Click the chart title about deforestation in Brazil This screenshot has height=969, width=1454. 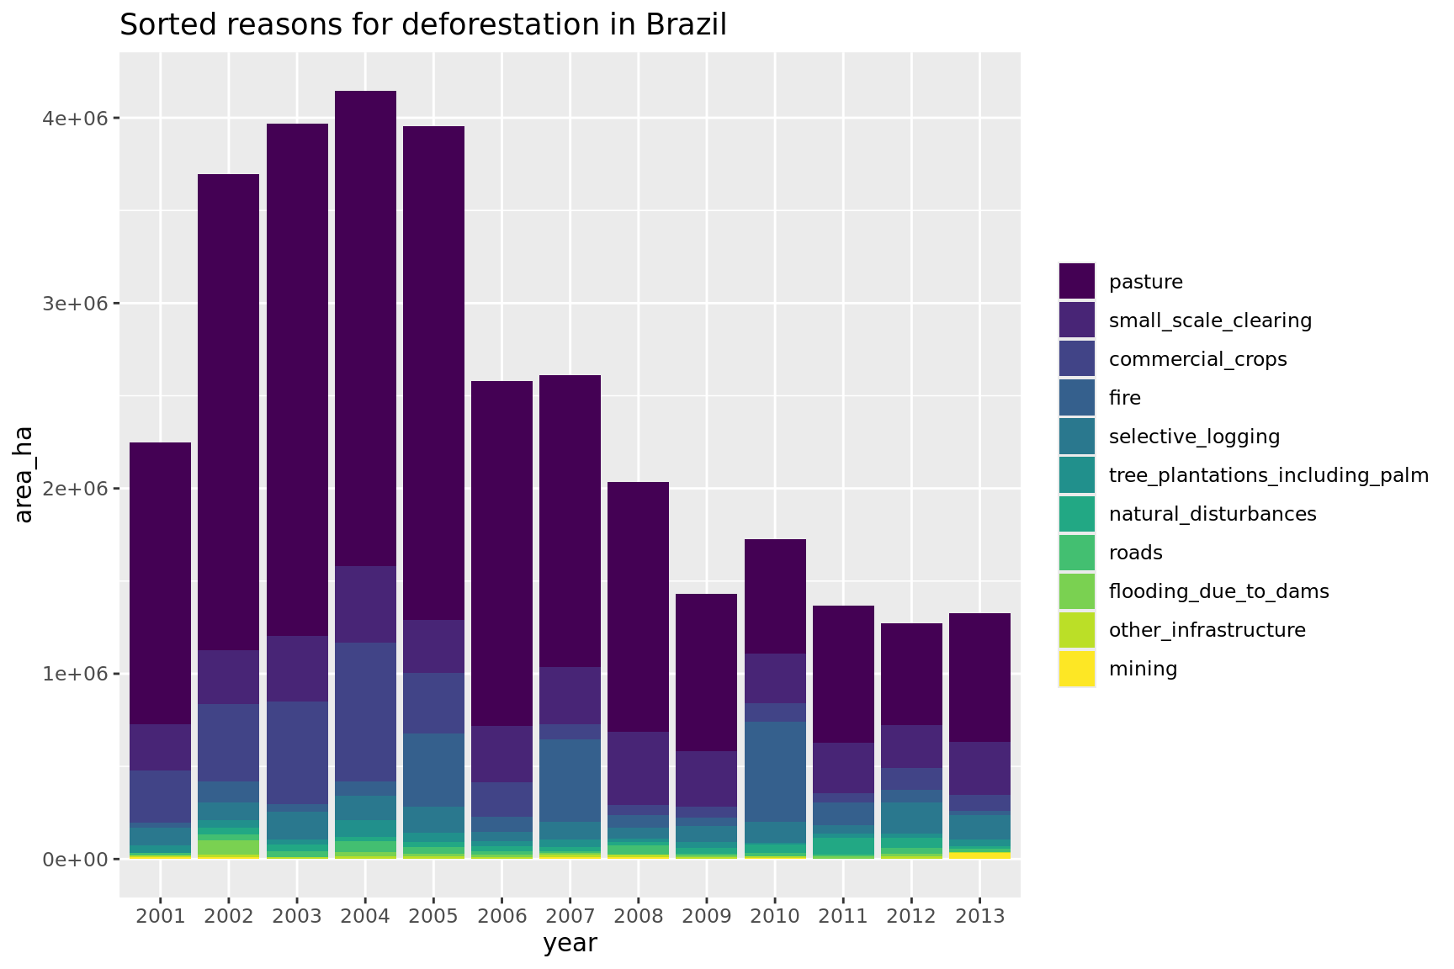(x=423, y=25)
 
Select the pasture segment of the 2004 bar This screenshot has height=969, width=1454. (x=365, y=328)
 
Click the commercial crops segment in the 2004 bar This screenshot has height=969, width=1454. (x=365, y=712)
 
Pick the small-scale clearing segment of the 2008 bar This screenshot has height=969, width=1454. (x=638, y=768)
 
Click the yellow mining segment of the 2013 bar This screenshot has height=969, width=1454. (x=979, y=855)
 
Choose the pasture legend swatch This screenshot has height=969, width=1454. (x=1077, y=281)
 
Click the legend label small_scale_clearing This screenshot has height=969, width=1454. (x=1210, y=320)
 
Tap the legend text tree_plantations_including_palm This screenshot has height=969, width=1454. (x=1268, y=475)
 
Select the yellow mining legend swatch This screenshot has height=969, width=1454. (x=1077, y=669)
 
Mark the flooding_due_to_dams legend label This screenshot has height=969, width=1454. (x=1218, y=591)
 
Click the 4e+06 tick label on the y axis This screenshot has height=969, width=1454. (x=75, y=119)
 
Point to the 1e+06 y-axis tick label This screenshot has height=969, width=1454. (x=75, y=674)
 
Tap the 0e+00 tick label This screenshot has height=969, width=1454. (x=75, y=860)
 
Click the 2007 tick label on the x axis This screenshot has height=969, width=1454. (x=570, y=916)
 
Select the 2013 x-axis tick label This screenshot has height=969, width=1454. (x=979, y=916)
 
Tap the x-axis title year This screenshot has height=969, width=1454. (x=570, y=944)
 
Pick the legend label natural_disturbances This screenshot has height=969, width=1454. (x=1213, y=514)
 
